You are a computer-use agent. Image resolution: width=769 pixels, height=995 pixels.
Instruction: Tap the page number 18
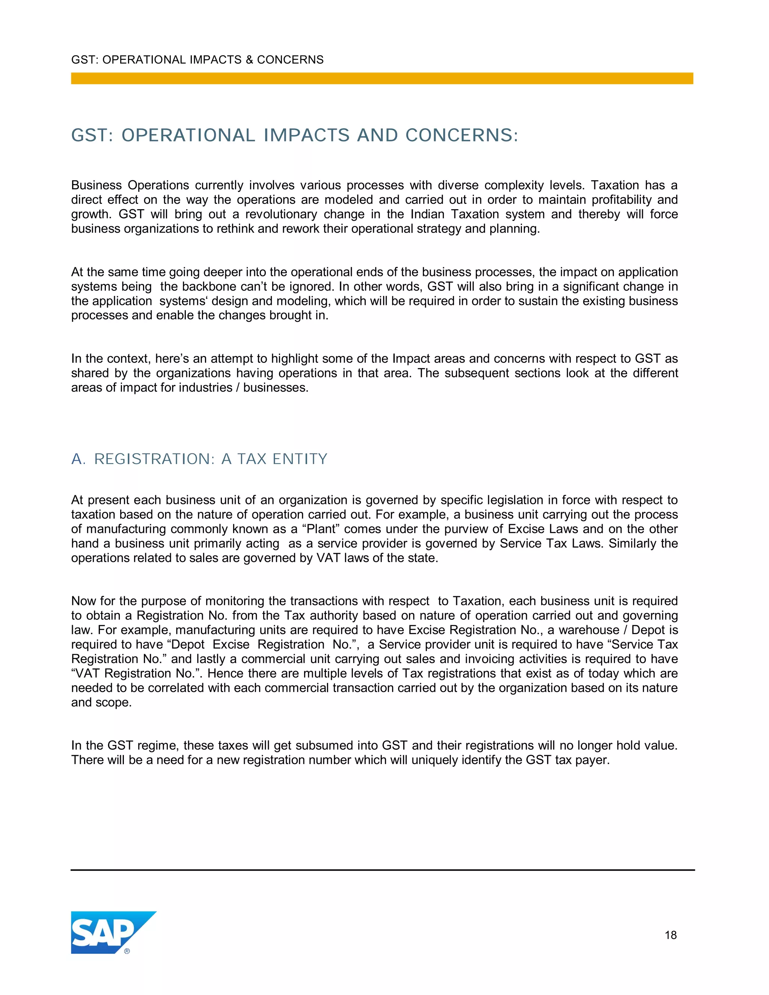pyautogui.click(x=670, y=935)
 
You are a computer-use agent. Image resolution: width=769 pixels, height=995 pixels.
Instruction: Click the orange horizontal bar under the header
pyautogui.click(x=382, y=78)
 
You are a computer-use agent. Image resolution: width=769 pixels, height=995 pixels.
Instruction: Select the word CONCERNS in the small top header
pyautogui.click(x=290, y=60)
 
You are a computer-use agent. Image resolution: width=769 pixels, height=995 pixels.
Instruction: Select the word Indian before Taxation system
pyautogui.click(x=427, y=214)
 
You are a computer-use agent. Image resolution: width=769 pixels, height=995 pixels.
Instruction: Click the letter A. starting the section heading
pyautogui.click(x=78, y=459)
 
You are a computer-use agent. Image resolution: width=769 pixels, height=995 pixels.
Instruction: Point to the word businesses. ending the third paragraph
pyautogui.click(x=276, y=388)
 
